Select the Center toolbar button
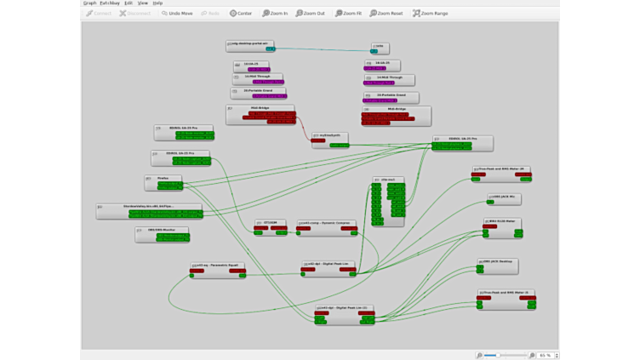[241, 14]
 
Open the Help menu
[157, 3]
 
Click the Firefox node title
[163, 178]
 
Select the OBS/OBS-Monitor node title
[163, 229]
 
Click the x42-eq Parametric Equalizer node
[218, 265]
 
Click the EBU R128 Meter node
[503, 221]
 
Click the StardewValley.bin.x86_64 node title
[150, 206]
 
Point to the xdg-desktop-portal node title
[248, 43]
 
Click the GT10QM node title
[271, 223]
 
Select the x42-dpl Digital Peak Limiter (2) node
[344, 307]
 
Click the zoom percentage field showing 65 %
[544, 354]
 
